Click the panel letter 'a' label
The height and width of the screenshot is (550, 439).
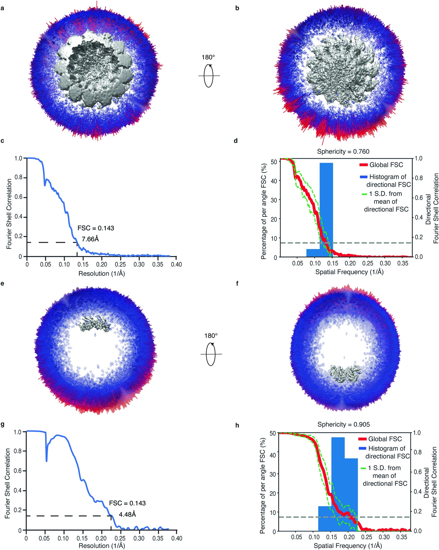[x=2, y=8]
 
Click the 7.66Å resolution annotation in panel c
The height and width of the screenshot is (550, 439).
[x=90, y=239]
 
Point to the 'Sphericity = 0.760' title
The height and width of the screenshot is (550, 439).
[x=343, y=152]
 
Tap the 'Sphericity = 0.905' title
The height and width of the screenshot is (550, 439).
[x=344, y=424]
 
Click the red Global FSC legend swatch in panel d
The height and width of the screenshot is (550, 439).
[x=364, y=165]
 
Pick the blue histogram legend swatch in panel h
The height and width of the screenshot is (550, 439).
[x=362, y=448]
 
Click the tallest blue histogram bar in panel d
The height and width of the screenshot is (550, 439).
[x=326, y=209]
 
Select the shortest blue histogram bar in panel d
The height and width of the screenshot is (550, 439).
[x=313, y=253]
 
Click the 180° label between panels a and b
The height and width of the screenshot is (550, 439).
[x=208, y=57]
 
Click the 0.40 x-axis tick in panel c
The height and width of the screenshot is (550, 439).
[x=176, y=264]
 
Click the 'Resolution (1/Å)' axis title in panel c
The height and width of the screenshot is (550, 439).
[x=101, y=274]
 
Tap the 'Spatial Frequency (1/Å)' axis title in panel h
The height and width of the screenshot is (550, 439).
[x=348, y=545]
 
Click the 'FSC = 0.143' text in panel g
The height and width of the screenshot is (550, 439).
[x=127, y=503]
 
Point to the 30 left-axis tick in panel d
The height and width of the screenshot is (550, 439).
[x=274, y=200]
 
